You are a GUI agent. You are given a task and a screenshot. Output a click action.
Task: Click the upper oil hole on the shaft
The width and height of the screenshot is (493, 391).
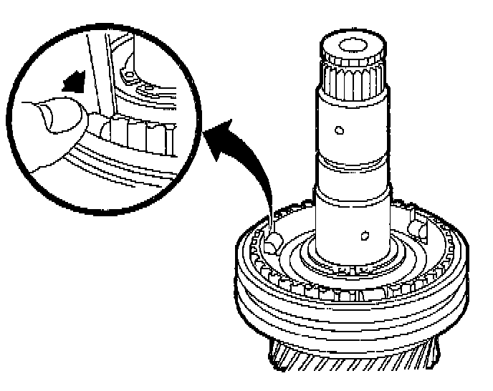[339, 130]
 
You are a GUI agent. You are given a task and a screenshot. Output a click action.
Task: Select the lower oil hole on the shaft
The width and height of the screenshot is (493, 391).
[363, 235]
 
